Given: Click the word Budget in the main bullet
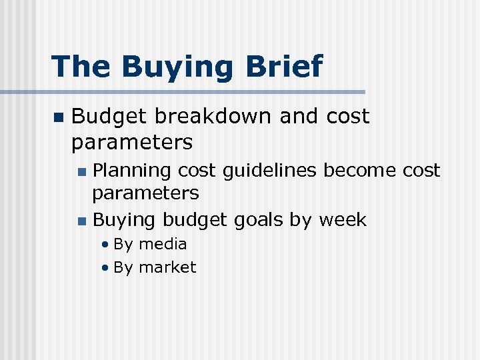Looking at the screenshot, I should click(109, 117).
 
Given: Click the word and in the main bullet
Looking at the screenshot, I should click(299, 116).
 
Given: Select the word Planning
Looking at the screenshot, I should click(132, 171).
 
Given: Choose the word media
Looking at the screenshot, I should click(163, 244).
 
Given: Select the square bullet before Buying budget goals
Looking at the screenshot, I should click(81, 221).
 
